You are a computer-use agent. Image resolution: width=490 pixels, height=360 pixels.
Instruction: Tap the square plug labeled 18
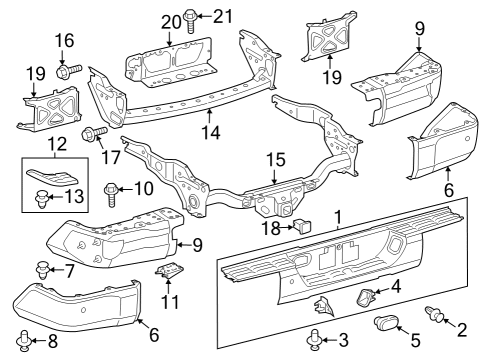[299, 226]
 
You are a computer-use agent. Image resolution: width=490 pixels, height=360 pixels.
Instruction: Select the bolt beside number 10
[112, 189]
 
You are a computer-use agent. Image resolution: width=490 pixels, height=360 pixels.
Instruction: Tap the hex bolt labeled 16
[65, 71]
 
